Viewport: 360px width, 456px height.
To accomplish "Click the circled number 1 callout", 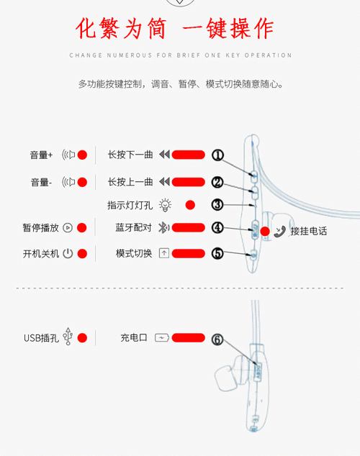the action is click(x=217, y=155).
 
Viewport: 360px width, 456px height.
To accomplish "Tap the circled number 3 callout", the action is click(x=217, y=205).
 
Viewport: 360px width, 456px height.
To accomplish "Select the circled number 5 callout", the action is click(x=217, y=254).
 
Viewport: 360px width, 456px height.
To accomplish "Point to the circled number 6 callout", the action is click(x=217, y=339).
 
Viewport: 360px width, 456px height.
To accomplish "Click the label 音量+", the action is click(x=41, y=155).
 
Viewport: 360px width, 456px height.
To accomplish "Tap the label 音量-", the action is click(x=41, y=183).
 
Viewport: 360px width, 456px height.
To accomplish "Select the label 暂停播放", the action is click(x=41, y=228).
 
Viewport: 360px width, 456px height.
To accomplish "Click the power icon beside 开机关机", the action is click(x=68, y=254).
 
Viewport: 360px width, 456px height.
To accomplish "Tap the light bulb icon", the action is click(x=165, y=205).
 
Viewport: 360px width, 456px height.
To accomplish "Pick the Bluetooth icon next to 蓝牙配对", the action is click(x=163, y=228).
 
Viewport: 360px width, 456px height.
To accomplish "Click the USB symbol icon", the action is click(x=68, y=337).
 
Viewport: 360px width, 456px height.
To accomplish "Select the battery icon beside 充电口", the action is click(x=162, y=337).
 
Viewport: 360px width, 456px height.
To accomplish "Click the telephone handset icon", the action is click(x=279, y=232).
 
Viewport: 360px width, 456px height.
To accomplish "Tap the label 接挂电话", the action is click(x=309, y=231).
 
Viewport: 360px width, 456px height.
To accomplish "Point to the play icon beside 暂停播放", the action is click(x=68, y=228).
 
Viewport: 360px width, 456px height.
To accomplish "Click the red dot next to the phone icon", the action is click(x=265, y=232).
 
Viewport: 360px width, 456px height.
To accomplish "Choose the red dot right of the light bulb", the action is click(x=190, y=205).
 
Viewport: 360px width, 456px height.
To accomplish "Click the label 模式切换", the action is click(x=134, y=254).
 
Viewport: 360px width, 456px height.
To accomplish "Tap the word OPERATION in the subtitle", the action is click(x=268, y=55).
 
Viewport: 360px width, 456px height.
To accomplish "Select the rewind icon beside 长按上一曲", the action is click(x=164, y=182).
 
